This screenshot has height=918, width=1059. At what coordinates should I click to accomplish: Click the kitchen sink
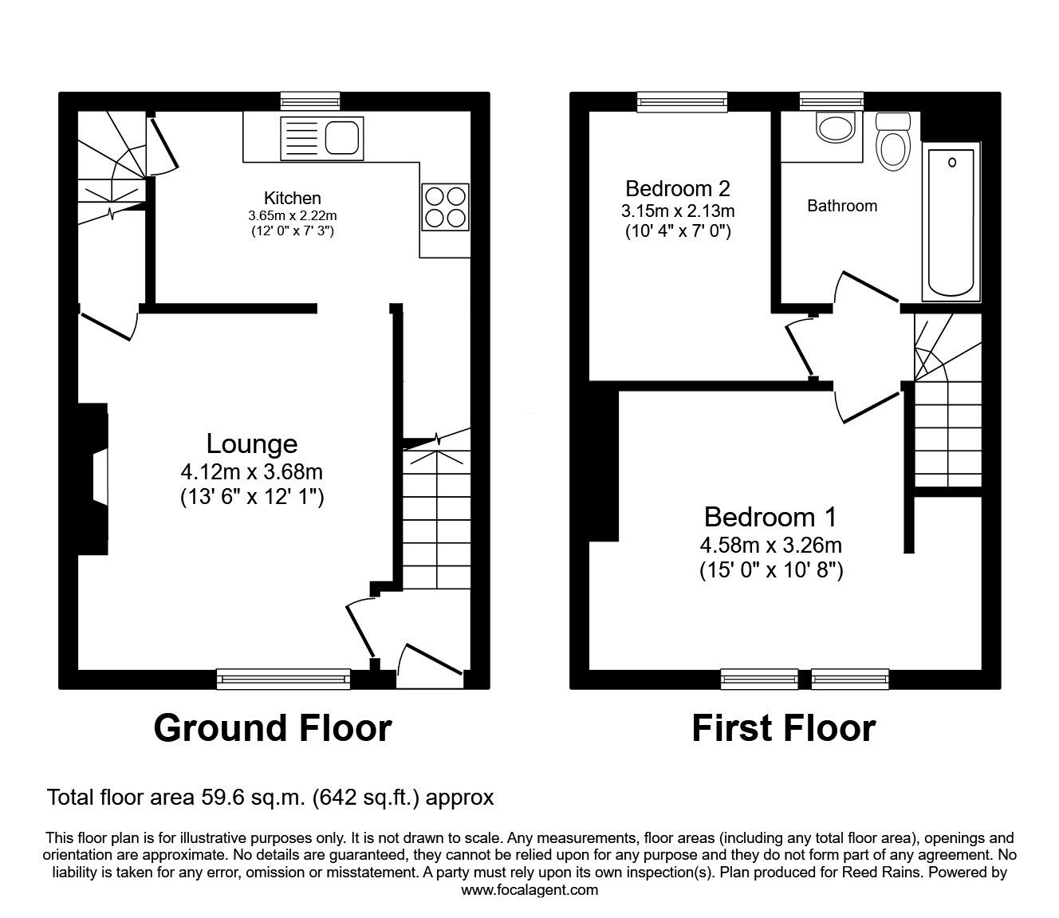321,136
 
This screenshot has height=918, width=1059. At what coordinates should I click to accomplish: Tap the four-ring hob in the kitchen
445,207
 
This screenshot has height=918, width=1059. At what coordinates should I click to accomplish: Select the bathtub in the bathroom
951,222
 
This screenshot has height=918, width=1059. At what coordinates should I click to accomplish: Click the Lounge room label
252,443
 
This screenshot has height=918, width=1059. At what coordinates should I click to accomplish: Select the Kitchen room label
293,198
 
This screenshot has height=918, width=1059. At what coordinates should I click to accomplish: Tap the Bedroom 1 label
770,517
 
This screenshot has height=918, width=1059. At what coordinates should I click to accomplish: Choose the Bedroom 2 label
678,189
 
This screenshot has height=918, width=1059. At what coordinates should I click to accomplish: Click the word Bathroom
842,206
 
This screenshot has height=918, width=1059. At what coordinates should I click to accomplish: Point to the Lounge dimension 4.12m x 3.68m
252,472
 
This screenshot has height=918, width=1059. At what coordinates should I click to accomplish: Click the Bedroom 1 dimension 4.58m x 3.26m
770,546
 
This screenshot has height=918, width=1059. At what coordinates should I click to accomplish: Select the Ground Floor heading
273,727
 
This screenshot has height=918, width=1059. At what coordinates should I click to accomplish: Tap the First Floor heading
783,727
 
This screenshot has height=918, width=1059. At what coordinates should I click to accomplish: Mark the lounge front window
284,679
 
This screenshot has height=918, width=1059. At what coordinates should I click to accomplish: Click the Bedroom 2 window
682,101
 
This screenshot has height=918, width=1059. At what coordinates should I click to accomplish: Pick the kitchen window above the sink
310,101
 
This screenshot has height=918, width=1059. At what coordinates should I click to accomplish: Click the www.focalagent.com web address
529,889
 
